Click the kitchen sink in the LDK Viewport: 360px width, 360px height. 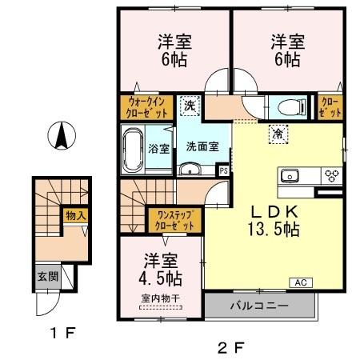tap(290, 176)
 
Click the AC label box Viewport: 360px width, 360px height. tap(303, 282)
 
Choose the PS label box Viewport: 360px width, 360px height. tap(224, 170)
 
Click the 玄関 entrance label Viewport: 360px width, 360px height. tap(46, 277)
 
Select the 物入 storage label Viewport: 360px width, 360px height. tap(75, 216)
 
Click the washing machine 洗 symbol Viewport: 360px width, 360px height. tap(190, 104)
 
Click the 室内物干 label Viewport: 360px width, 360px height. tap(162, 300)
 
